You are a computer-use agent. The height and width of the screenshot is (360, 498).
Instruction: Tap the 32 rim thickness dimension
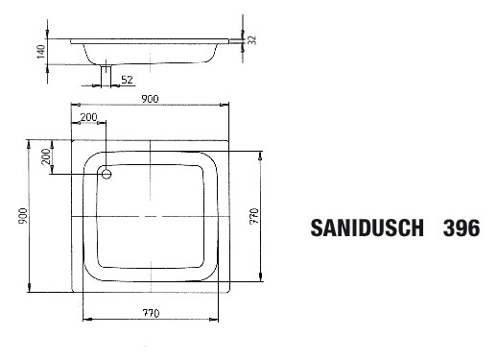251,39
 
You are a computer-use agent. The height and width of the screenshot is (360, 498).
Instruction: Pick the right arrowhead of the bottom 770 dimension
218,319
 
